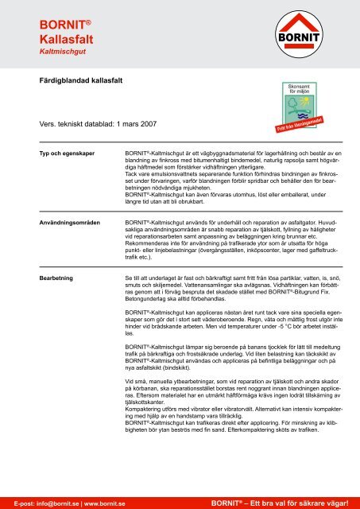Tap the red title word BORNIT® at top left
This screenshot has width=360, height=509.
(45, 23)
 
